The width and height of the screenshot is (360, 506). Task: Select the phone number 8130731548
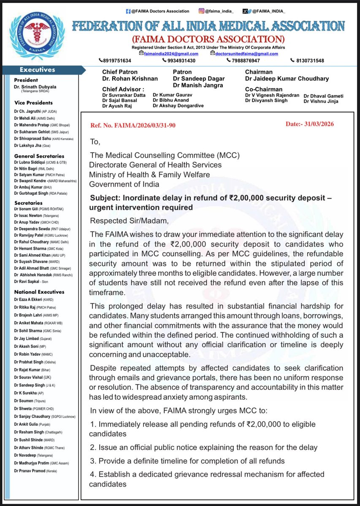[307, 60]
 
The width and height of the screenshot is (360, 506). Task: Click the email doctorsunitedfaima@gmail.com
[244, 54]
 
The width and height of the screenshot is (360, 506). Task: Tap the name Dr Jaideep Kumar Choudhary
[287, 79]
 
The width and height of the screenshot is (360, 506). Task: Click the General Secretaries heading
[39, 156]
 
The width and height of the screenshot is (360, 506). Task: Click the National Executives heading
[39, 291]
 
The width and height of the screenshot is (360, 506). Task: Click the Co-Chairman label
[264, 89]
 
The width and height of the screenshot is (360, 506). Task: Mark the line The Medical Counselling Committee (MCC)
[164, 155]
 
